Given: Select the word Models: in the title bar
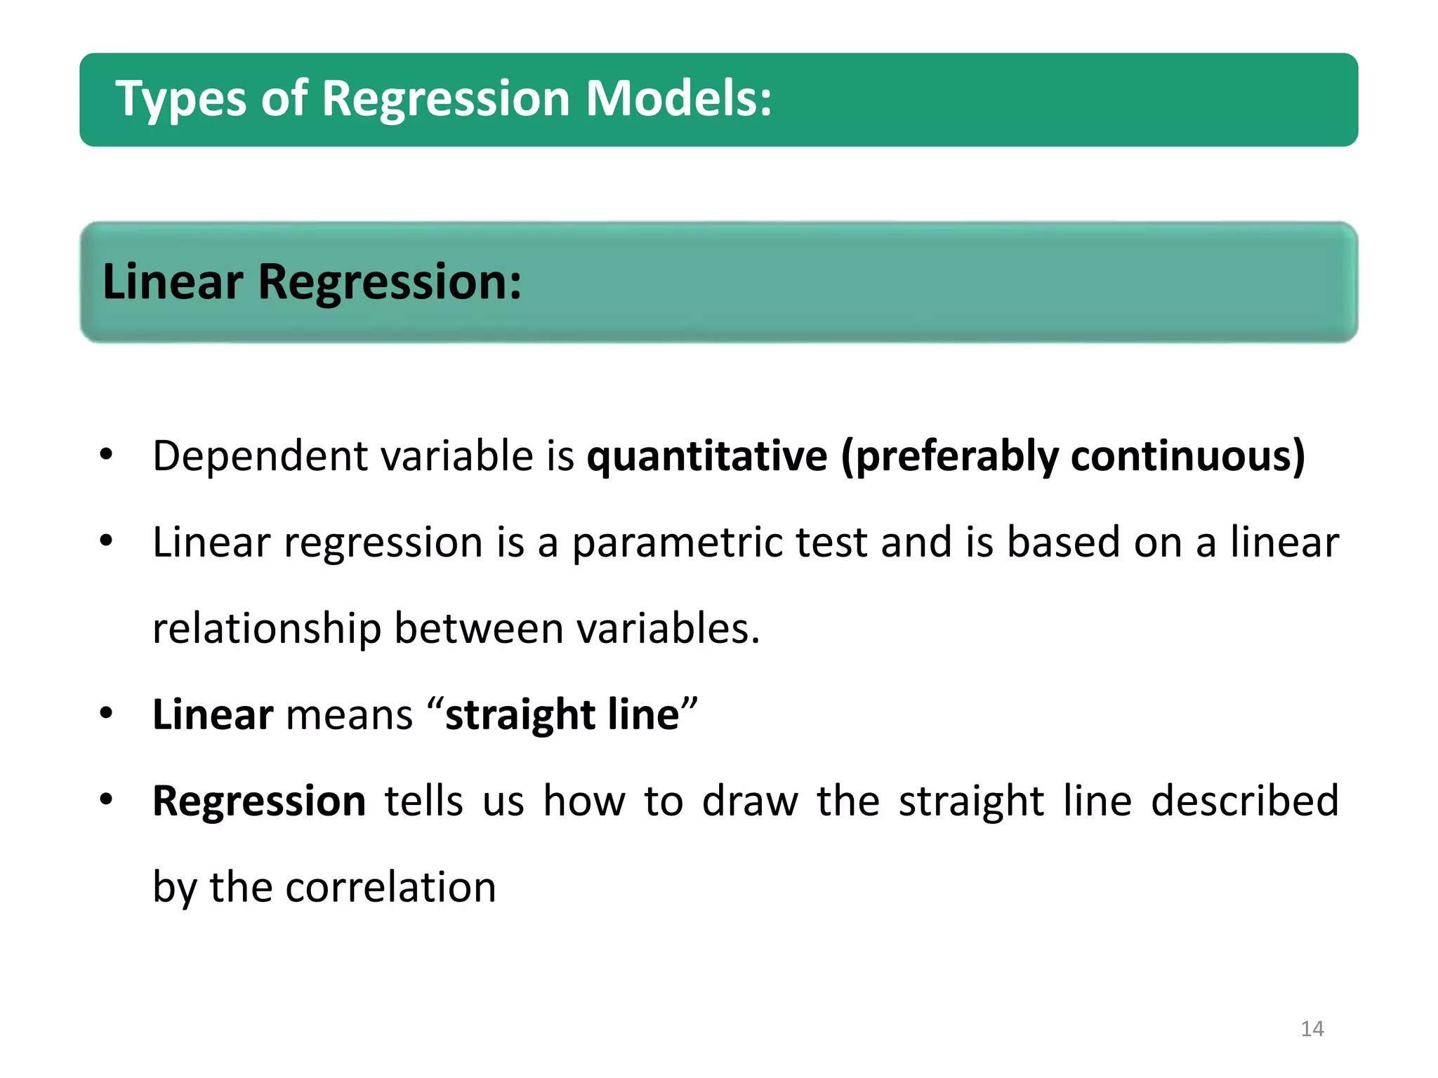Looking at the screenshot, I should click(678, 98).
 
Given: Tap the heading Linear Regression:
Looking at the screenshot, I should click(312, 282).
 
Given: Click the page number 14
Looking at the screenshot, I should click(1312, 1029).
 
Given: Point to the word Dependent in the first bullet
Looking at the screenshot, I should click(260, 456).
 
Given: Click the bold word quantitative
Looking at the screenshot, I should click(707, 456).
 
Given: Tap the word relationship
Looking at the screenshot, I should click(266, 628).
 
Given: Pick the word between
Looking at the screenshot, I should click(478, 628).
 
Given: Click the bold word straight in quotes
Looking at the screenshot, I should click(520, 715).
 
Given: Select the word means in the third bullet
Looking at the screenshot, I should click(350, 715).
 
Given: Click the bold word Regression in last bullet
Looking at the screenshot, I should click(259, 801).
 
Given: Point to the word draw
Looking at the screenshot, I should click(750, 801).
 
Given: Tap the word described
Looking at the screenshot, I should click(1245, 801).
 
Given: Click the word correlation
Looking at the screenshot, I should click(391, 887).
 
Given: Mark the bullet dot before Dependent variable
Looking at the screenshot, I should click(106, 455).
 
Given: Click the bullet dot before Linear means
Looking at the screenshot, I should click(106, 714).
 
